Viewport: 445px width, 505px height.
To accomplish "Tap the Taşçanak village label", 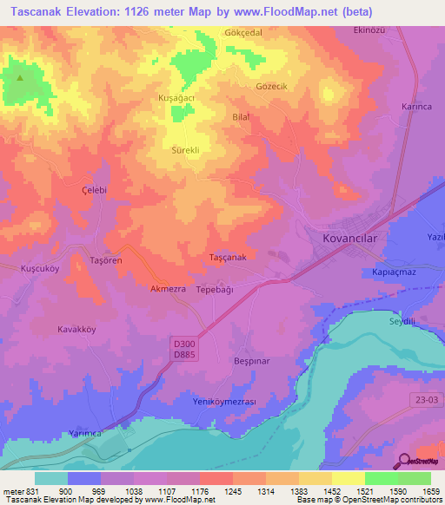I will coord(229,258).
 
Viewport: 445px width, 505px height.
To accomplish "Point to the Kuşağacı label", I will coord(175,99).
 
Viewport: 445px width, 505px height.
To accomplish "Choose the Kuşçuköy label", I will coord(39,270).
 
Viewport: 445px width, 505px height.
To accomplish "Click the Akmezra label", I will coord(169,288).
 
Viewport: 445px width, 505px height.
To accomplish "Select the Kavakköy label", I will coord(75,329).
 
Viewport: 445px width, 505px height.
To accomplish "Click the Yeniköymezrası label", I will coord(223,402).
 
